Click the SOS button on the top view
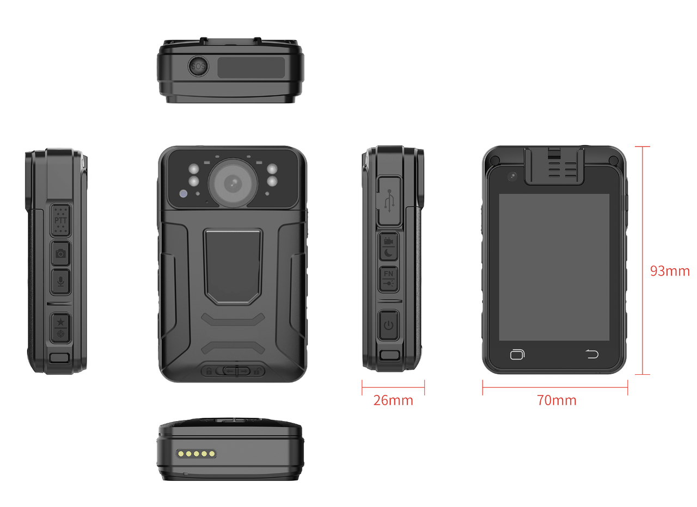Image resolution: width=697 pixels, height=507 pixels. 198,66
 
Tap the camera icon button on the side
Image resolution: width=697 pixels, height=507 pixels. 60,253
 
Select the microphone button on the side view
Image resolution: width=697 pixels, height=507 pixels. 60,282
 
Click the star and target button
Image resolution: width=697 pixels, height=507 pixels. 60,327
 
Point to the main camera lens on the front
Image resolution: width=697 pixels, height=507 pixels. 233,183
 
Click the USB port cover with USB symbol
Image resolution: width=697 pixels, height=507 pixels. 389,201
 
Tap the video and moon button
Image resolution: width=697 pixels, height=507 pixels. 389,246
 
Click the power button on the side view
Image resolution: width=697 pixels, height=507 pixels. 389,325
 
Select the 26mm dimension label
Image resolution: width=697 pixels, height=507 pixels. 393,400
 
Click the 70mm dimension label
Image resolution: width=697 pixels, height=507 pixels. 557,400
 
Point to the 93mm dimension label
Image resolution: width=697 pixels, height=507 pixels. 670,271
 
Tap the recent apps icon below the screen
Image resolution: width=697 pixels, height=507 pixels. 517,354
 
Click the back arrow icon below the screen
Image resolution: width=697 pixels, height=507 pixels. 592,354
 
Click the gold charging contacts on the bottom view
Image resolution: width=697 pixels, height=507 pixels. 196,454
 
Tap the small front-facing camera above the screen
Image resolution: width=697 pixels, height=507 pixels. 512,177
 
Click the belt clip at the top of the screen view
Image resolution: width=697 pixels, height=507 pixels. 554,166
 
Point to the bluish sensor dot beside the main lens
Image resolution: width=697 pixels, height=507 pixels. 184,194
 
